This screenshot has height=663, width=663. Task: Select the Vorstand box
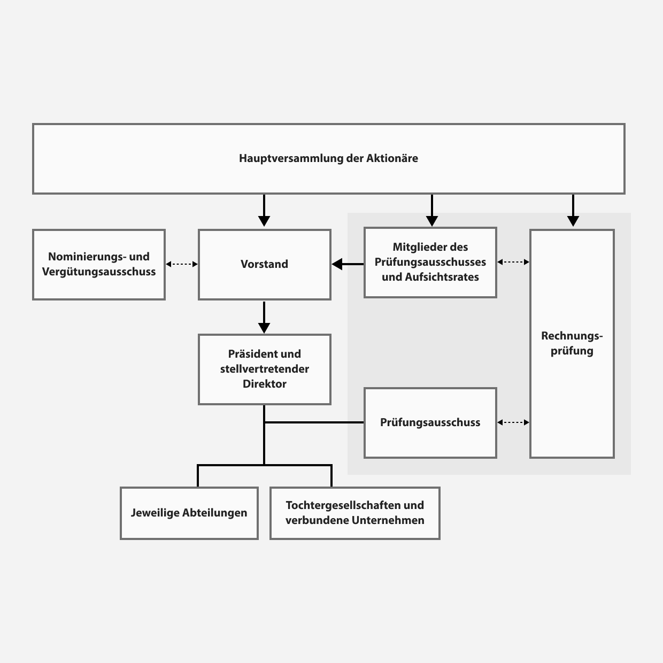point(264,265)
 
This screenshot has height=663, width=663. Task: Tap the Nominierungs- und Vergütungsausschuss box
point(99,265)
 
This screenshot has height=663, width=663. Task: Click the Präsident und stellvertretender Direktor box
point(264,369)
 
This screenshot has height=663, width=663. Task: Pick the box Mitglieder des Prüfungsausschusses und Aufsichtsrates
point(430,262)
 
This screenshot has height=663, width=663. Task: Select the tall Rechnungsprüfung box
point(572,343)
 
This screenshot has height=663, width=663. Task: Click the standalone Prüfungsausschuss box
point(430,422)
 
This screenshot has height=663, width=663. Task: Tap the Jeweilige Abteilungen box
point(189,513)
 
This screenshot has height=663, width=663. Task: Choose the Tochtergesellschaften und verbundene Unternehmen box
point(354,513)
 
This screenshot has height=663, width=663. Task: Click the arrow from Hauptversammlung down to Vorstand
point(264,211)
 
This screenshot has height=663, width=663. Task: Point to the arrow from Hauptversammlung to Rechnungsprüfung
point(573,211)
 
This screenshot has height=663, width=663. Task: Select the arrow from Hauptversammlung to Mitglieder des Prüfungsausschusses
point(432,211)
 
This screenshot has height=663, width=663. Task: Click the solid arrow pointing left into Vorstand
point(348,264)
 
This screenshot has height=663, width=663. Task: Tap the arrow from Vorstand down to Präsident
point(264,318)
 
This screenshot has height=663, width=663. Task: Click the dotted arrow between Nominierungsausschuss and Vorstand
point(182,264)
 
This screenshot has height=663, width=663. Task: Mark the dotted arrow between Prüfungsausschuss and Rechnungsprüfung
point(513,422)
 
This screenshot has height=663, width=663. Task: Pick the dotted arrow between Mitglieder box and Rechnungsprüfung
point(513,262)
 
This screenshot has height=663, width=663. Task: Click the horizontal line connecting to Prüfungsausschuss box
point(314,422)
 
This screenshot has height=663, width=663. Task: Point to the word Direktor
point(264,384)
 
